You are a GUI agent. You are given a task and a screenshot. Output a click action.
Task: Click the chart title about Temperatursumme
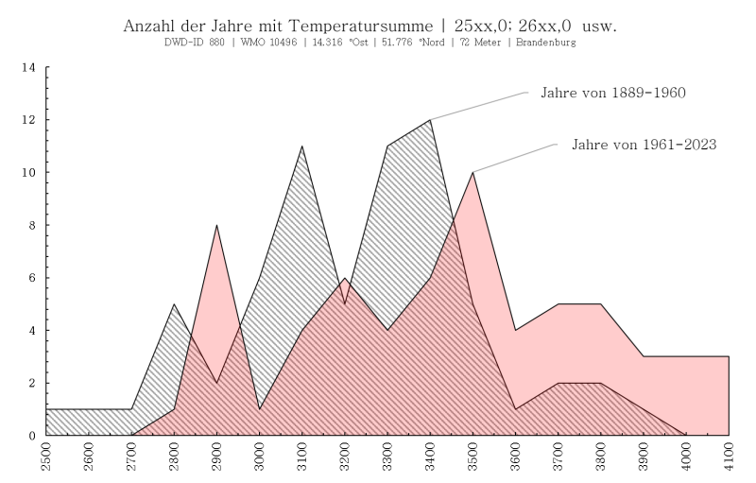(x=369, y=26)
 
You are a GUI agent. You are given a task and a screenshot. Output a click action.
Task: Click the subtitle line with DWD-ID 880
(x=369, y=43)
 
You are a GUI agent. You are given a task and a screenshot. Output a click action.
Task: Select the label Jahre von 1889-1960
(x=612, y=93)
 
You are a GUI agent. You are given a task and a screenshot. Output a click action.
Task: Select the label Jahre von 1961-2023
(x=644, y=146)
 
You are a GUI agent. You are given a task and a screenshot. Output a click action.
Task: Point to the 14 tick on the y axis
(x=28, y=68)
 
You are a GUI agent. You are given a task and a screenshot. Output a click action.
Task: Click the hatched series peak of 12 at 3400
(x=430, y=120)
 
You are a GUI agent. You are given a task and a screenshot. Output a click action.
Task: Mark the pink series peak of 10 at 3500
(x=472, y=173)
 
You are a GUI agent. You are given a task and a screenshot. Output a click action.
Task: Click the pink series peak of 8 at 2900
(x=216, y=225)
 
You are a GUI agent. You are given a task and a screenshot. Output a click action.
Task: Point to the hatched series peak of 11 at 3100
(x=301, y=147)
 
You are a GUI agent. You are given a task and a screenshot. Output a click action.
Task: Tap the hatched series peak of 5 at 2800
(x=174, y=304)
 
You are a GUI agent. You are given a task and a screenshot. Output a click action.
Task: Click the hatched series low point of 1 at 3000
(x=259, y=408)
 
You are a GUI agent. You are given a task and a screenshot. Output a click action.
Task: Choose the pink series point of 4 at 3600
(x=515, y=330)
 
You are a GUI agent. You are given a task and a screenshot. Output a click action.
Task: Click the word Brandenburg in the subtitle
(x=546, y=43)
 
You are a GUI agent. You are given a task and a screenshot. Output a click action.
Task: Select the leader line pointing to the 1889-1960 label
(x=478, y=106)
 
